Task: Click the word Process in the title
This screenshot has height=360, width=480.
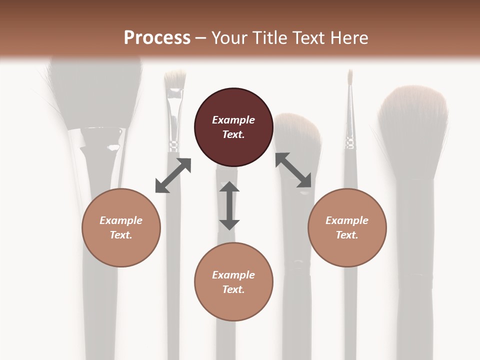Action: (157, 37)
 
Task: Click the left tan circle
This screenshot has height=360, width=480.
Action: (121, 227)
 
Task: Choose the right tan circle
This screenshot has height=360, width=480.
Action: (347, 227)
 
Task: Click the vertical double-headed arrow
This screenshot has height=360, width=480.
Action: (229, 205)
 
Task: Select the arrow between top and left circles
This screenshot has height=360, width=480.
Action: (173, 175)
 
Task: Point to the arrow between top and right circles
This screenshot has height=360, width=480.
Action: (293, 170)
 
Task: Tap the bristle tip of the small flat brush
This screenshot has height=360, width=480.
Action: (175, 77)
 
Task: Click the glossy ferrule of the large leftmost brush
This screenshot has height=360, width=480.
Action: (102, 140)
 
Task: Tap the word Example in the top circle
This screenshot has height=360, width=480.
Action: (233, 120)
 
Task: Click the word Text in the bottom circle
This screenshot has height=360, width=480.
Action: (232, 289)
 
